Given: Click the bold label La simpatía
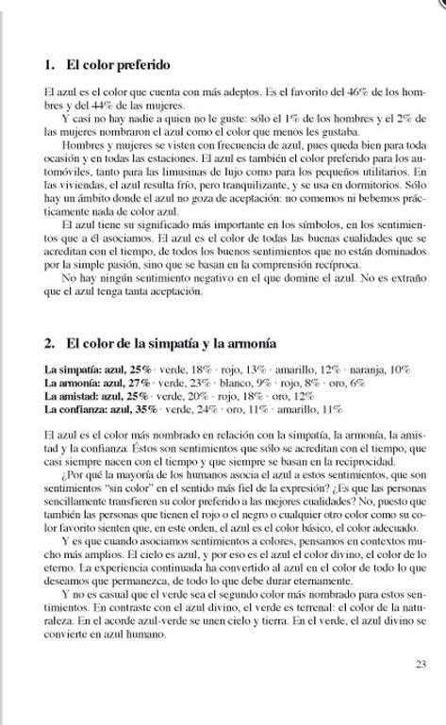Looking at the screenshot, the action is pos(72,369).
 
